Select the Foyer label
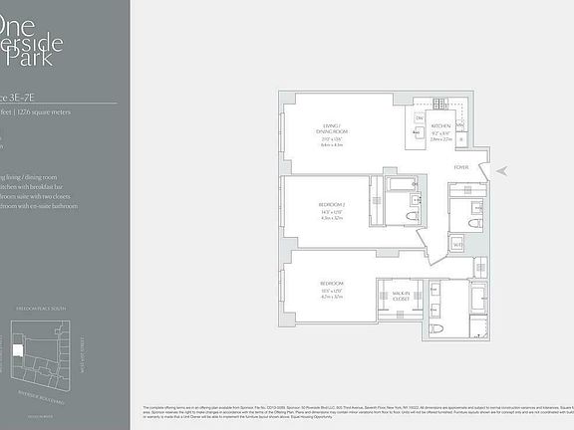pos(460,166)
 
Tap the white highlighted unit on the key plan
pos(17,350)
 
